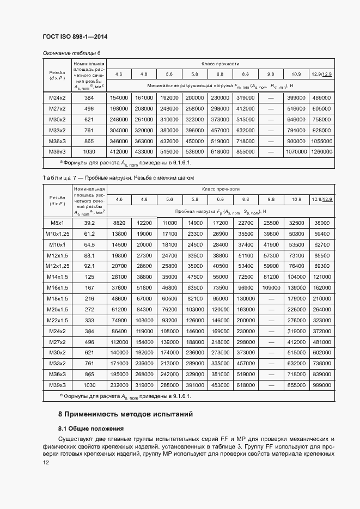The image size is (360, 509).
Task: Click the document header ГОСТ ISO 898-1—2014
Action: point(75,36)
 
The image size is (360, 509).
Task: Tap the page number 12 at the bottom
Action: point(46,463)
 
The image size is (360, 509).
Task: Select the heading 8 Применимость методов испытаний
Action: point(125,414)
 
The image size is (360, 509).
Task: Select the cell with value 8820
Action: point(119,223)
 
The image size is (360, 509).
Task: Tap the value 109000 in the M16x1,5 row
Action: point(271,287)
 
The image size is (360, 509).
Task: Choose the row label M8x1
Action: point(57,223)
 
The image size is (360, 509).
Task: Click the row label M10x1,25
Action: point(57,234)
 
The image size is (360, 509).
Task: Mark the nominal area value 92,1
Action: point(89,266)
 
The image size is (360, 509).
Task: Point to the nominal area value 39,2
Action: point(89,223)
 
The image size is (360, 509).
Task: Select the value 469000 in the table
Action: point(321,97)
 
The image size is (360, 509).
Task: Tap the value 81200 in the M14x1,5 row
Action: point(271,277)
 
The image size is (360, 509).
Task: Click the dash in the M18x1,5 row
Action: point(271,298)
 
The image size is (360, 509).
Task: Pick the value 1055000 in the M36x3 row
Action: point(321,140)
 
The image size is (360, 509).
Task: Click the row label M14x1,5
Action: point(57,277)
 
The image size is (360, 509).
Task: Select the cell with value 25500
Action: point(271,223)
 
